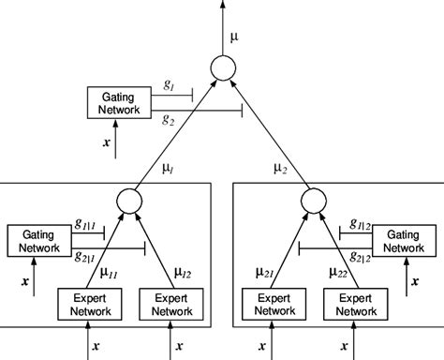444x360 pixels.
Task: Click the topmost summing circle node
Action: pyautogui.click(x=222, y=68)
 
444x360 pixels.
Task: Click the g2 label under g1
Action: pyautogui.click(x=168, y=120)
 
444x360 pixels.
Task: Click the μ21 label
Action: pyautogui.click(x=259, y=272)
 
